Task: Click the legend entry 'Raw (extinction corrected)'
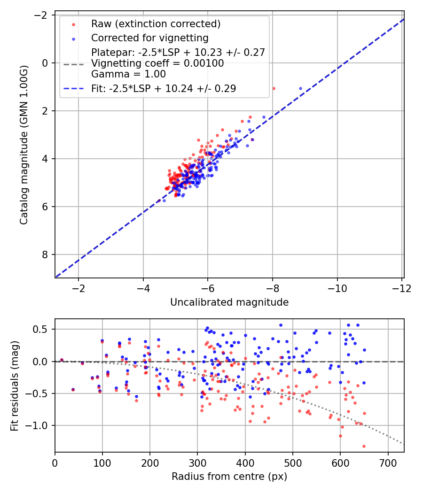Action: coord(156,24)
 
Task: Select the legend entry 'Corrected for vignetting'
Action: coord(149,38)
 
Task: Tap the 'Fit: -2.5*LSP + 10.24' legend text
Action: coord(164,88)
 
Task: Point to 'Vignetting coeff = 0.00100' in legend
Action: coord(157,63)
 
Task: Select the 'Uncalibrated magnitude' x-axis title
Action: coord(229,302)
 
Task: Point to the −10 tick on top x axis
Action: coord(337,288)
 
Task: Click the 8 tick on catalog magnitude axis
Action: coord(46,254)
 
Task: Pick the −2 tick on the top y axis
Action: coord(43,15)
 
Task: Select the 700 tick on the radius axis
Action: coord(388,462)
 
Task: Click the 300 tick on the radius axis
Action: coord(197,462)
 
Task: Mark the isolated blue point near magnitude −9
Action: coord(301,88)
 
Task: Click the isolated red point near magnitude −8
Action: coord(274,88)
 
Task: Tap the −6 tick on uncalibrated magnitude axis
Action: coord(208,288)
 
